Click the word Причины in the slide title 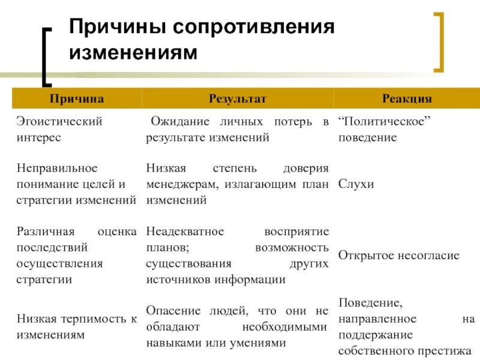118,28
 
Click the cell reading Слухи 356,184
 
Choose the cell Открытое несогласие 398,256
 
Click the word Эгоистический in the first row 59,121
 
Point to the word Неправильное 57,169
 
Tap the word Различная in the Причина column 46,232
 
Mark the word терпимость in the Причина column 92,319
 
